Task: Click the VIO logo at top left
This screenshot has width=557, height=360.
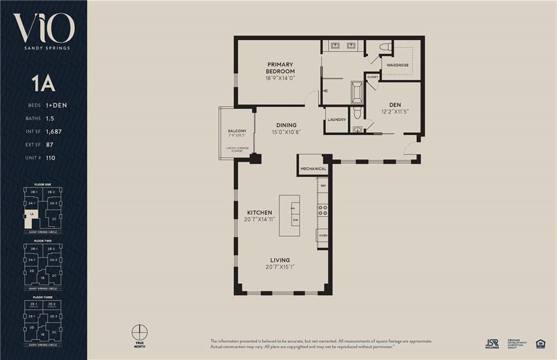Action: pyautogui.click(x=44, y=28)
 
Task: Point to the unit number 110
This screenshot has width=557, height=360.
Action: pyautogui.click(x=51, y=158)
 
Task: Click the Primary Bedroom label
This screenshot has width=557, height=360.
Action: pyautogui.click(x=280, y=68)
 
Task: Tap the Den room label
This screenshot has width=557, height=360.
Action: pyautogui.click(x=395, y=105)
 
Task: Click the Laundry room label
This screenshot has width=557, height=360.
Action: pyautogui.click(x=337, y=120)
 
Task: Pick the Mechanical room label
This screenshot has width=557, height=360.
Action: pyautogui.click(x=313, y=169)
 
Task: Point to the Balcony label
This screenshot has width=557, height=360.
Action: pyautogui.click(x=237, y=131)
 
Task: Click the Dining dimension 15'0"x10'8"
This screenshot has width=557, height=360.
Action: pyautogui.click(x=286, y=132)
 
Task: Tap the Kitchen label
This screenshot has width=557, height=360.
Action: pyautogui.click(x=259, y=212)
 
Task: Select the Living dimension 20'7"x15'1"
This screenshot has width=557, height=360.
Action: pyautogui.click(x=280, y=267)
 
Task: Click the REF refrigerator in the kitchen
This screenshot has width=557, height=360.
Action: pyautogui.click(x=323, y=186)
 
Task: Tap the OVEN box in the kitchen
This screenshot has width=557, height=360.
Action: pyautogui.click(x=323, y=235)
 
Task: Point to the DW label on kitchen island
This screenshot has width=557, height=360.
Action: pyautogui.click(x=295, y=220)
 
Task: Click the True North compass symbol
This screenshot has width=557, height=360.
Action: pyautogui.click(x=140, y=332)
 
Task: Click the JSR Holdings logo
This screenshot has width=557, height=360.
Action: pyautogui.click(x=492, y=343)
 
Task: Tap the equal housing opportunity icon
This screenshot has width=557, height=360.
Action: pyautogui.click(x=540, y=343)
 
